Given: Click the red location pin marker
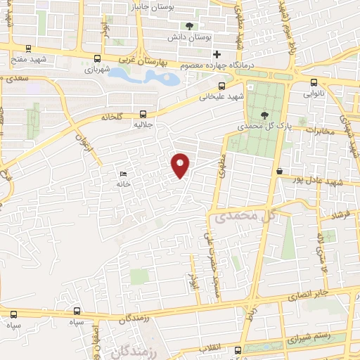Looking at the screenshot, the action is [181, 165].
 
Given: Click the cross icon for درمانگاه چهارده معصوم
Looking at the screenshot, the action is [217, 54].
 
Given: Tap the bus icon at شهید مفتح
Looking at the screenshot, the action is [27, 49].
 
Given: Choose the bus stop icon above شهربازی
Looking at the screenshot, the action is [97, 59].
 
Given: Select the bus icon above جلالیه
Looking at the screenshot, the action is [143, 112].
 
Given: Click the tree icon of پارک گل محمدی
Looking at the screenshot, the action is [264, 115].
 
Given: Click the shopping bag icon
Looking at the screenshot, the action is [279, 171].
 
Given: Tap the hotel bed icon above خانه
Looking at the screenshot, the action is [124, 174].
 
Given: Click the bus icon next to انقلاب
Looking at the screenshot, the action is [237, 350].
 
